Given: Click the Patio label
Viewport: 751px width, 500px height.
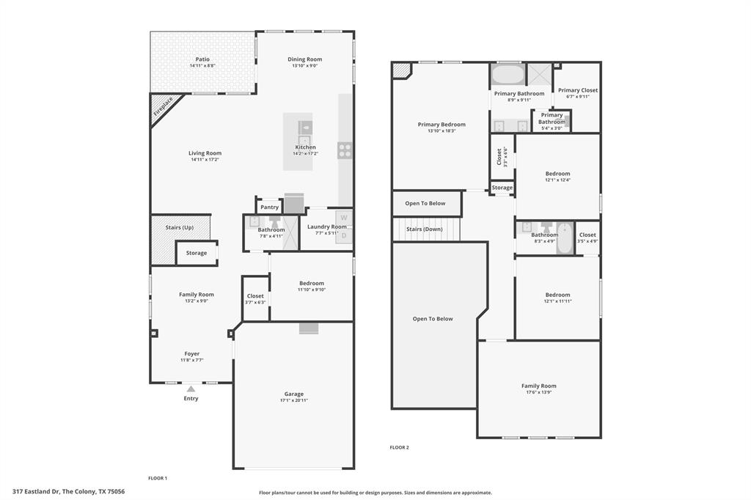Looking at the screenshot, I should click(202, 59).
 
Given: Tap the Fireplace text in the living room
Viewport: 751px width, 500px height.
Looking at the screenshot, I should click(164, 107).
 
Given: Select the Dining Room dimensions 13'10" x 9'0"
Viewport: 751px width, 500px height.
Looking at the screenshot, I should click(304, 66).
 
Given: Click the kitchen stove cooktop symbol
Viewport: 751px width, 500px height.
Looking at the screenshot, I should click(345, 150).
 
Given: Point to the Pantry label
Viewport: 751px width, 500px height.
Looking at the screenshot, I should click(269, 207).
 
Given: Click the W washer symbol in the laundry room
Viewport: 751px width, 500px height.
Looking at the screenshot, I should click(343, 218).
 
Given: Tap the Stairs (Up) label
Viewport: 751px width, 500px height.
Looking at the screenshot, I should click(180, 227).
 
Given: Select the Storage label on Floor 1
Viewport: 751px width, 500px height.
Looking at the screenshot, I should click(197, 253).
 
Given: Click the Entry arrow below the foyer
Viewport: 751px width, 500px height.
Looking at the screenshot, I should click(191, 389).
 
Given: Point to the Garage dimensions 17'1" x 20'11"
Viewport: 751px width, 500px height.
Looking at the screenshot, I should click(294, 400).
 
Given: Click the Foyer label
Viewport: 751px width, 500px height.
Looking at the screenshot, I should click(191, 353).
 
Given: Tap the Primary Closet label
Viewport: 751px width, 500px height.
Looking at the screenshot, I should click(578, 90).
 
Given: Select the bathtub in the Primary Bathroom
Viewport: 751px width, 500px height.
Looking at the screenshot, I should click(508, 75).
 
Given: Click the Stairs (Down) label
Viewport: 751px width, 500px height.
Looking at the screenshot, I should click(425, 229).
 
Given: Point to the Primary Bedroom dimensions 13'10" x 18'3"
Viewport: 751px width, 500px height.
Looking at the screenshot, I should click(442, 130).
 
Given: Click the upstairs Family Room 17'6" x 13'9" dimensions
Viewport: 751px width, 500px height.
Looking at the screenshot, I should click(539, 392).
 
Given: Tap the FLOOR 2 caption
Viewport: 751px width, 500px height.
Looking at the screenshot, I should click(399, 447).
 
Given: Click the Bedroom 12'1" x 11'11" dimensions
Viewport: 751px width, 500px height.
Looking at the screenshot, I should click(557, 301).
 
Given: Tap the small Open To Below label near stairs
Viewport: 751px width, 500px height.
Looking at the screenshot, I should click(425, 203).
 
